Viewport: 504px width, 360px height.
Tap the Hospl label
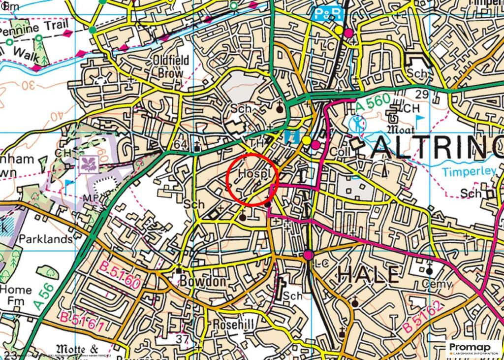point(252,174)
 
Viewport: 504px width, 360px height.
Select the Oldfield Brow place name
point(171,66)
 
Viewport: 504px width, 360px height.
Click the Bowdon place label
point(202,282)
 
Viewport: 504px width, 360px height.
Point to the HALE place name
point(368,274)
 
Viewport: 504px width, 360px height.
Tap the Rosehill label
point(232,325)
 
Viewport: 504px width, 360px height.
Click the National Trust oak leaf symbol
point(92,163)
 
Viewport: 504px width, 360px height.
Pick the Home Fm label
point(16,295)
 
